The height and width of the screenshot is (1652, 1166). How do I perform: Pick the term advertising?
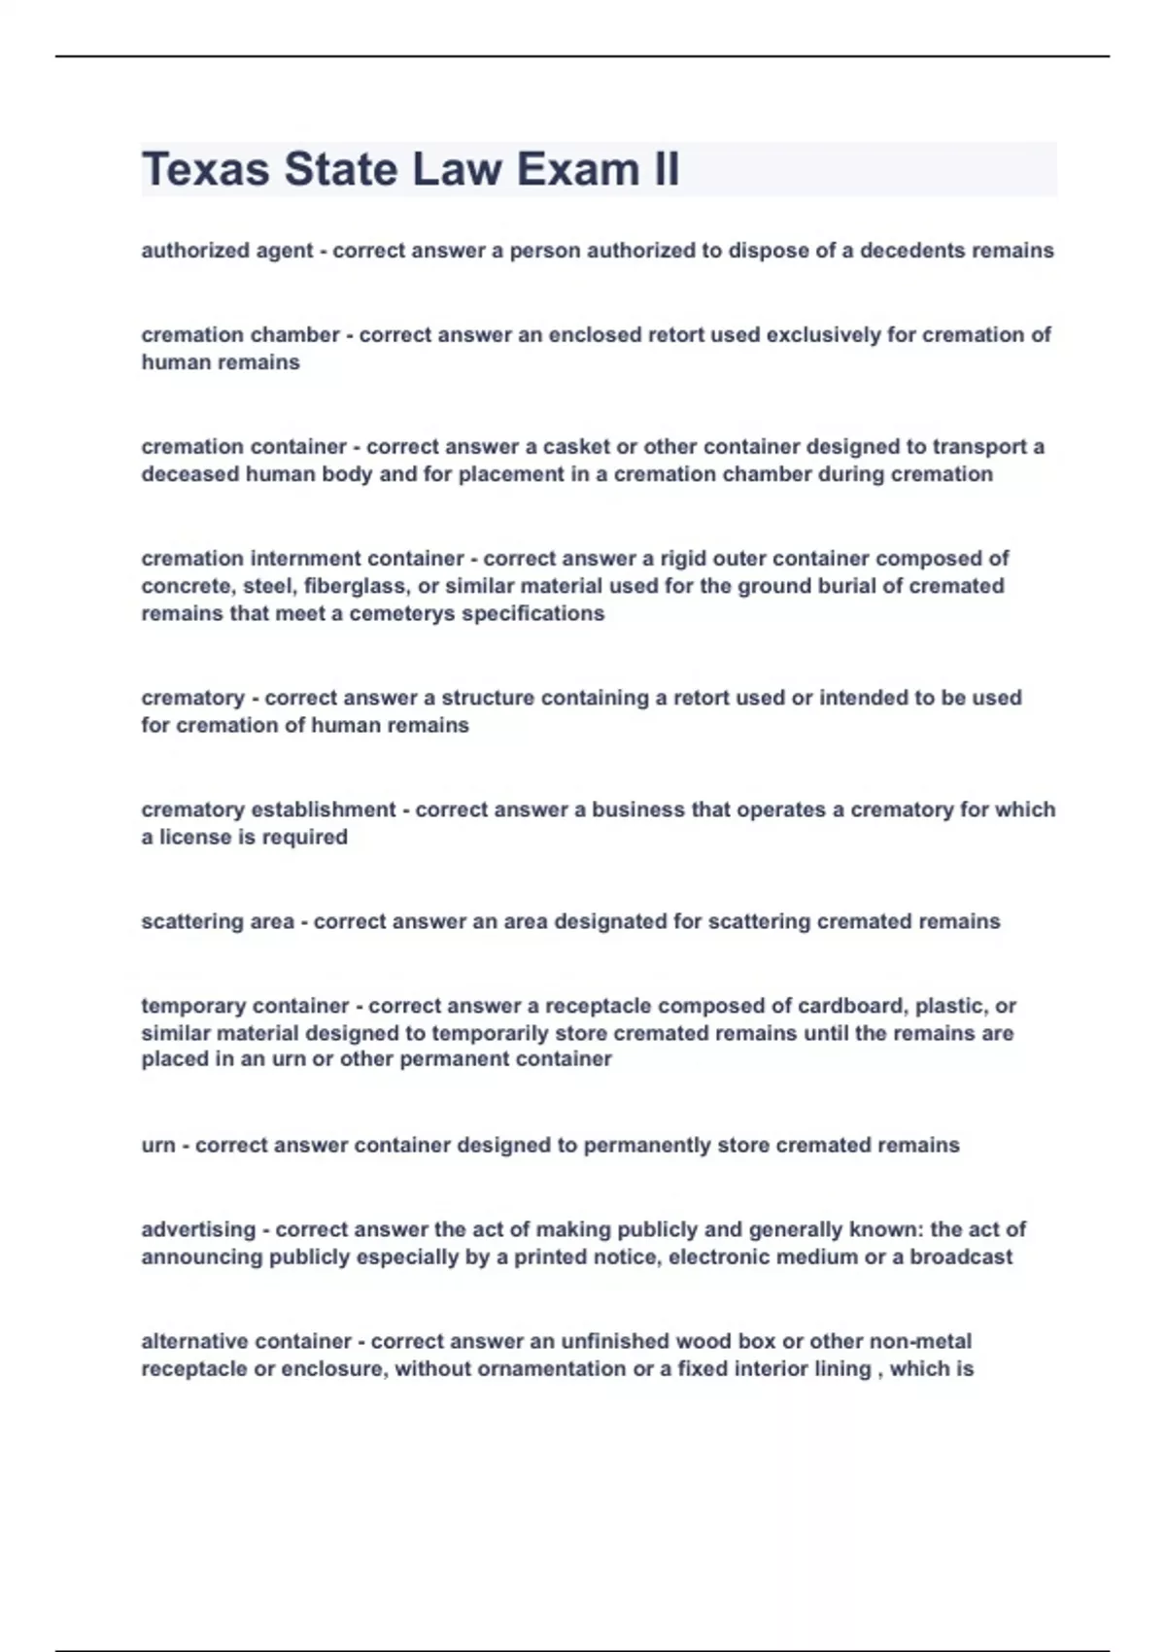coord(198,1229)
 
